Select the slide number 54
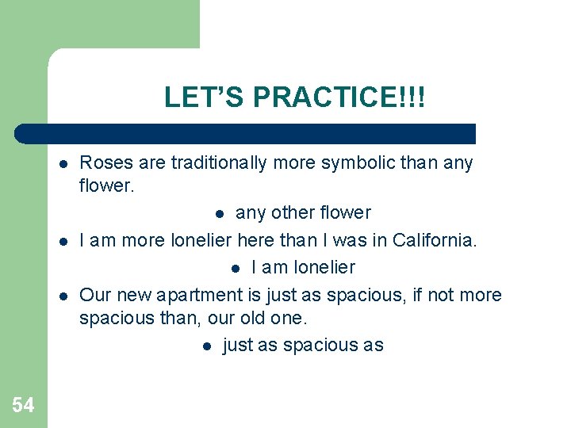tap(23, 406)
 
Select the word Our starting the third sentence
tap(95, 295)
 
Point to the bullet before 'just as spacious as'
tap(206, 346)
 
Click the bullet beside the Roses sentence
tap(62, 164)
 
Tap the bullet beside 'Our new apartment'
tap(62, 296)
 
